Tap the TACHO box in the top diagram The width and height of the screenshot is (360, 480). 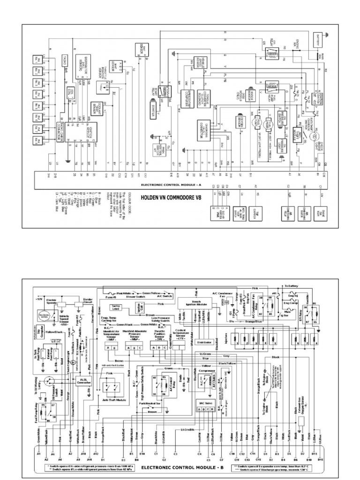click(x=64, y=59)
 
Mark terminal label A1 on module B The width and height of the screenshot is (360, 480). click(x=39, y=454)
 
